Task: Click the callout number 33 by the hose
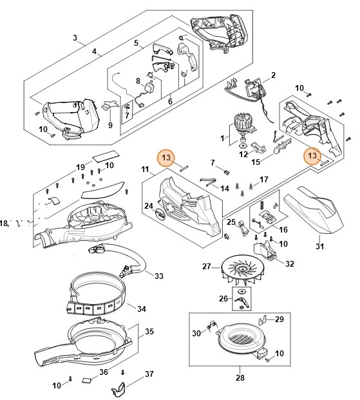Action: (x=158, y=276)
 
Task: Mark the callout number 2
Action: (x=272, y=76)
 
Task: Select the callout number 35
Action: (x=149, y=333)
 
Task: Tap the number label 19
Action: (x=81, y=167)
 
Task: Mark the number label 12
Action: (x=243, y=154)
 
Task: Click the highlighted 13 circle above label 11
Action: (x=167, y=157)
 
